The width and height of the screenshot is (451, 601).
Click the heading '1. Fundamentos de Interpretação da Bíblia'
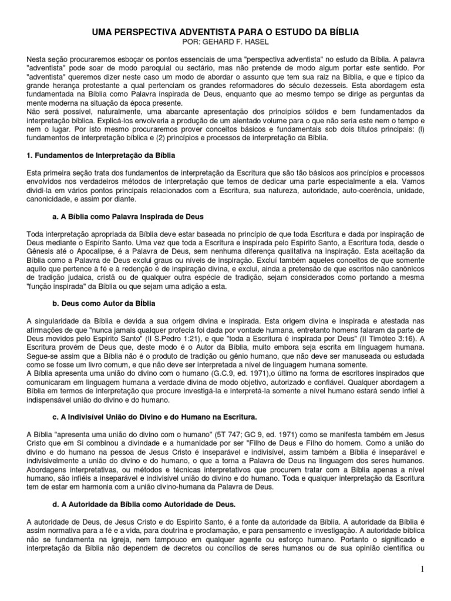(101, 155)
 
